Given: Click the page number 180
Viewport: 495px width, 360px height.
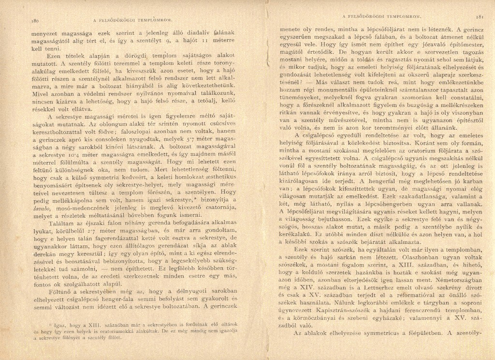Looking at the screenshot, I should (34, 21).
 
